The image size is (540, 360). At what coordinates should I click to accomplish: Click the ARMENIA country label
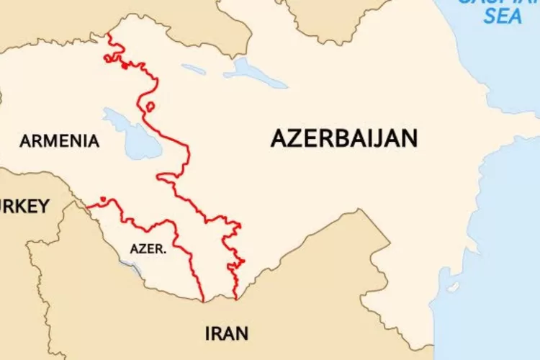point(60,141)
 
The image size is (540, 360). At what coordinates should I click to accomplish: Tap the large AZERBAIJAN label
point(343,138)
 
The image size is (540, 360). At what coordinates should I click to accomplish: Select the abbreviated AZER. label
point(149,249)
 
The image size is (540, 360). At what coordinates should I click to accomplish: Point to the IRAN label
point(227,333)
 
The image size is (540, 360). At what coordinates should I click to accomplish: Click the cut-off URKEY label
point(24,207)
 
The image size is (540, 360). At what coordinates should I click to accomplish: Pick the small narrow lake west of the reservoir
point(193,70)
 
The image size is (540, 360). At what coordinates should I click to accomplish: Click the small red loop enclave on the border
point(150,107)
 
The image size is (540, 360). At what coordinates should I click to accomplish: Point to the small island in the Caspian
point(453,287)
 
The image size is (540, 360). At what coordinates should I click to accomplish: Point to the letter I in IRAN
point(208,333)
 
